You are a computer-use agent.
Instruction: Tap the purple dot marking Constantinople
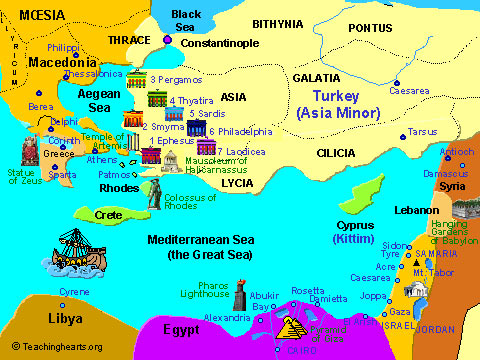(x=168, y=40)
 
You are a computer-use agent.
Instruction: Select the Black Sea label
(x=186, y=20)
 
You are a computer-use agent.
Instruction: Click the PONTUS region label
(x=370, y=27)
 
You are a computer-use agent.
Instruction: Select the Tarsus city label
(x=422, y=131)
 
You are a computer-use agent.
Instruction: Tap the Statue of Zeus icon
(x=28, y=150)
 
